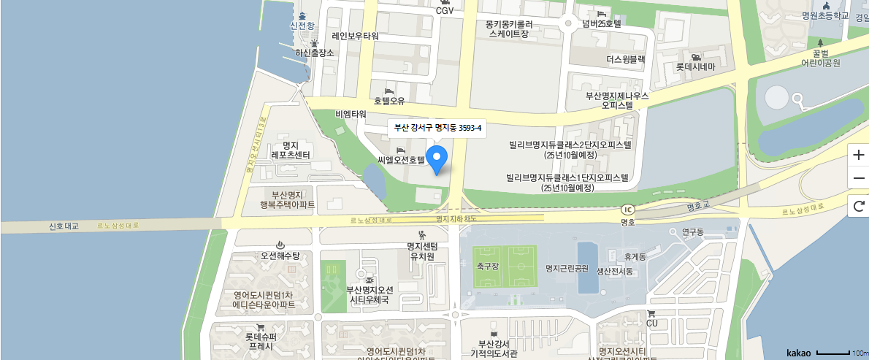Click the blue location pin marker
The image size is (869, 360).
437,158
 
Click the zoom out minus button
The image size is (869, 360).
858,177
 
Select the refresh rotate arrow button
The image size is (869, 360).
858,207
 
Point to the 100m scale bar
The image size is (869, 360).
832,353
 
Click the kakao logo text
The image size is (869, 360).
799,353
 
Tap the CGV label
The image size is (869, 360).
445,10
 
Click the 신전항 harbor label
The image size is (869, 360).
302,26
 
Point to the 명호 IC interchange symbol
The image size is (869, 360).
627,207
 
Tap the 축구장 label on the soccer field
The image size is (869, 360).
486,267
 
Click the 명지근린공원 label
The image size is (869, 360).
567,268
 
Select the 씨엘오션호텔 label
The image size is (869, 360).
401,159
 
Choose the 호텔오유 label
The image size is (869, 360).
389,101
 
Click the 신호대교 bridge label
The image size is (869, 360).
63,226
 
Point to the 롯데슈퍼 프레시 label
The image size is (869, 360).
261,341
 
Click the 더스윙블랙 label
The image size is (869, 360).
626,59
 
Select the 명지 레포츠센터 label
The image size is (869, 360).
291,150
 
